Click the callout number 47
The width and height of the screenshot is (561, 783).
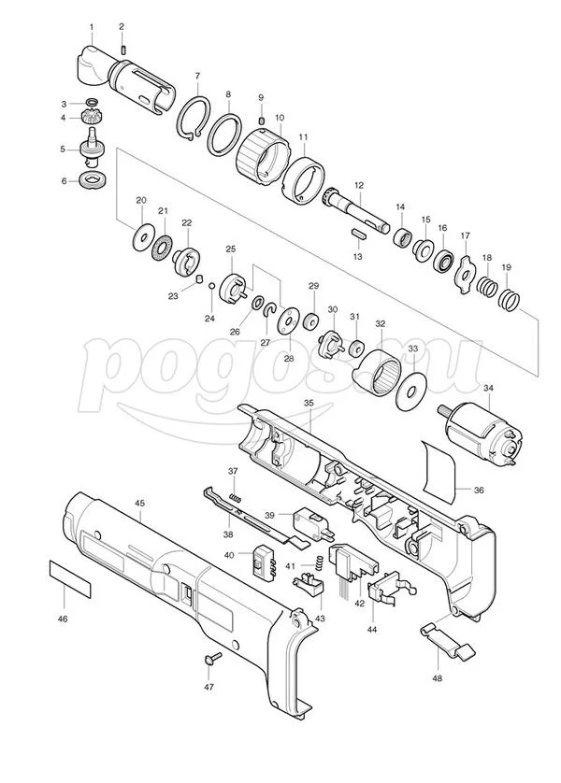(x=209, y=687)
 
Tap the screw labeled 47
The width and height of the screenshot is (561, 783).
(x=213, y=658)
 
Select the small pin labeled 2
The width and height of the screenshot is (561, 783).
(x=123, y=50)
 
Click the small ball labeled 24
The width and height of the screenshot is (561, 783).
(x=211, y=286)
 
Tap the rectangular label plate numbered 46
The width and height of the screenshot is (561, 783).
(x=70, y=579)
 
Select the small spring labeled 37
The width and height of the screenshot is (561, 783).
(x=236, y=497)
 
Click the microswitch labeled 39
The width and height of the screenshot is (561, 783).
(x=311, y=524)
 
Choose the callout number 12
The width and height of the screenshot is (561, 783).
(x=359, y=185)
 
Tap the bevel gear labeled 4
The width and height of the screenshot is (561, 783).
(x=90, y=120)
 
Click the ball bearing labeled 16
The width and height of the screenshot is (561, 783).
(x=443, y=260)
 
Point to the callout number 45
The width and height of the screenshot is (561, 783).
(x=140, y=503)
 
